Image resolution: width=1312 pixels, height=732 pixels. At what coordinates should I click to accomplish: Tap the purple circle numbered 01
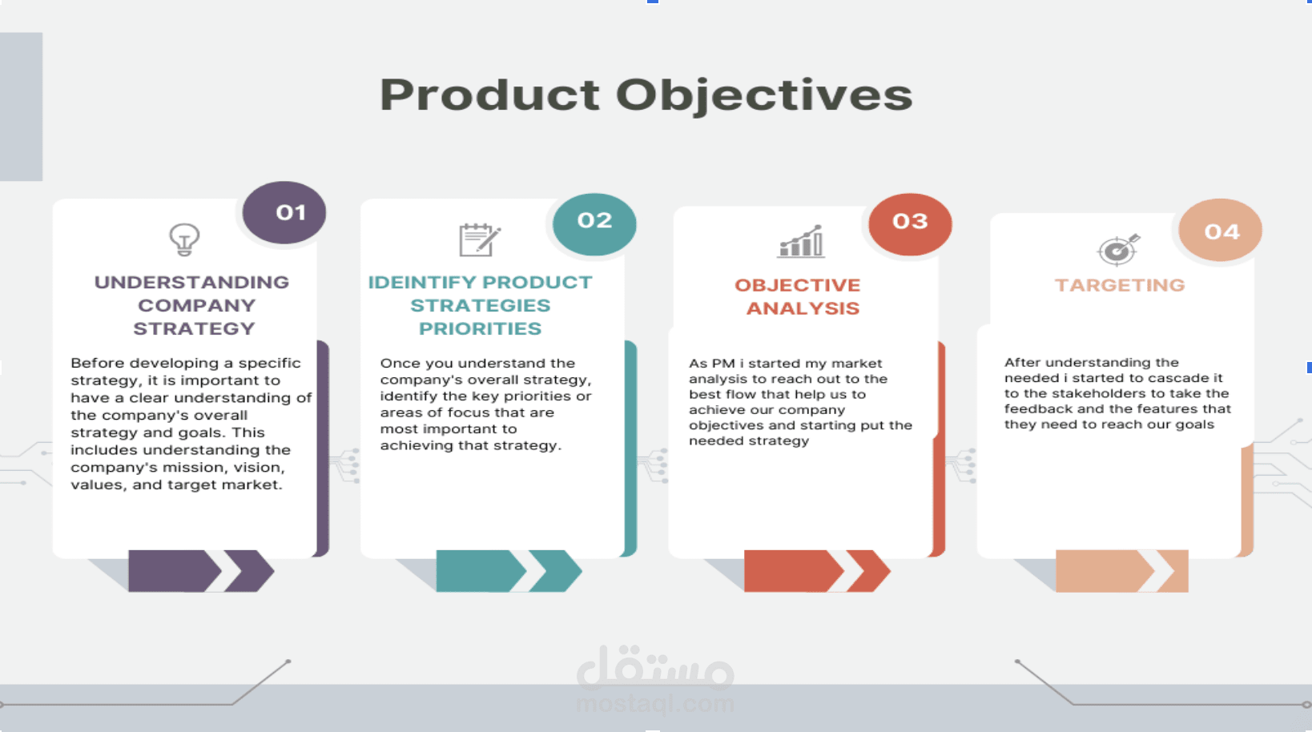pos(284,212)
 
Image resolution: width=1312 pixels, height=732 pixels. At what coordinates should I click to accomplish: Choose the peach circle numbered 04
pos(1221,231)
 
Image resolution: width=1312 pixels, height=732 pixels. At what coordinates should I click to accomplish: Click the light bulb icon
pos(184,239)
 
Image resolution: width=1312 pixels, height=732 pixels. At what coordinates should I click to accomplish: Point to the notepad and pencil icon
pos(479,239)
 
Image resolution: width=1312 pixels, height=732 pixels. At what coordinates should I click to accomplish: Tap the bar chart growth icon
pos(801,241)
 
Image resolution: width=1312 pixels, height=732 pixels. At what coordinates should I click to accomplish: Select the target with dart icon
pos(1118,250)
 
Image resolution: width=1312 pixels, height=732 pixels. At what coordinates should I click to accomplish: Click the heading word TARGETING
pos(1119,285)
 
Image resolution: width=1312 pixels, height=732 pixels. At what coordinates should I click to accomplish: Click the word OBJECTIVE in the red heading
pos(797,285)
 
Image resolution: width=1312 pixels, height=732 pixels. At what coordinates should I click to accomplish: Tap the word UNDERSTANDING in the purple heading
pos(191,283)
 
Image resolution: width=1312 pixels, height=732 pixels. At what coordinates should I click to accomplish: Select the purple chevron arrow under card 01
pos(200,570)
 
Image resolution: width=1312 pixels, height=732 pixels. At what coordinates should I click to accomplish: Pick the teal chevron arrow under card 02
pos(508,570)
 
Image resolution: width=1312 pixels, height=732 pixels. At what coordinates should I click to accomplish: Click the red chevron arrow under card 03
pos(815,570)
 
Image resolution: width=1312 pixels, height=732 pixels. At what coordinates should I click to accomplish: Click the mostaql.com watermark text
pos(654,704)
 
